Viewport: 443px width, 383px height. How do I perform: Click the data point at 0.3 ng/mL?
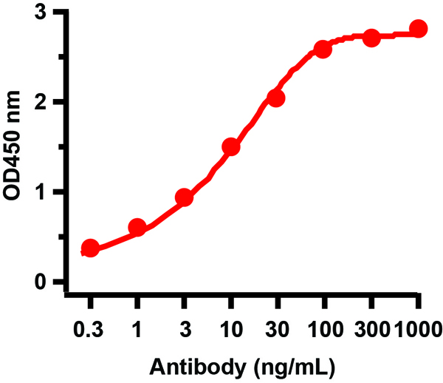tap(90, 248)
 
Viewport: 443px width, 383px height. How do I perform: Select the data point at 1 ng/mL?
tap(137, 228)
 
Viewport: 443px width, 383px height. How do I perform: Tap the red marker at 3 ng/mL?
tap(184, 197)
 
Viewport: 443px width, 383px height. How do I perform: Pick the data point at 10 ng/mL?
tap(230, 146)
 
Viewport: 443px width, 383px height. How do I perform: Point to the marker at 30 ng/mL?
tap(276, 98)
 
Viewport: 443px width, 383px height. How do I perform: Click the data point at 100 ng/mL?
tap(323, 50)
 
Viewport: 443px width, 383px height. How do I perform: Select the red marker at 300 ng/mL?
tap(371, 38)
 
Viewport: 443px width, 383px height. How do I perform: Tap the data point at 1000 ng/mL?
tap(418, 29)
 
